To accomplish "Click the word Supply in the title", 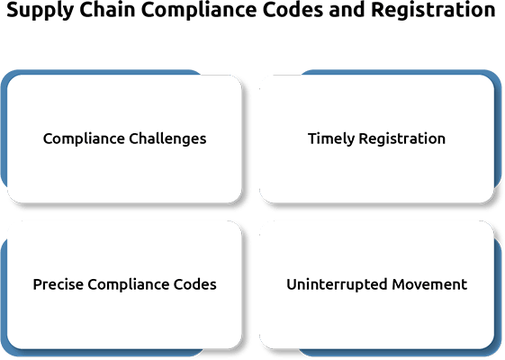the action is pos(41,11).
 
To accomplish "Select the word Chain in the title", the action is pos(107,9).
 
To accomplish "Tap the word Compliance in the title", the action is pos(199,11).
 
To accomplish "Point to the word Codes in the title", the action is pos(293,9).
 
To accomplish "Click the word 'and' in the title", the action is pos(347,9).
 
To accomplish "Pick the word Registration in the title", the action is pos(434,11).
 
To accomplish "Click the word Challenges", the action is pos(167,139).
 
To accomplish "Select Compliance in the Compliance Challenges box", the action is pos(84,139).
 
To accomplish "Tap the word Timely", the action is pos(331,139).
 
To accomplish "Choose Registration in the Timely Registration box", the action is pos(402,139).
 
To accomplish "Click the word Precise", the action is pos(58,284).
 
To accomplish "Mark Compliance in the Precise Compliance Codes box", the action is pos(129,285).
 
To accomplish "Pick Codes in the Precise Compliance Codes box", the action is pos(195,284).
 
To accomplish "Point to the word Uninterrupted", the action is pos(337,285).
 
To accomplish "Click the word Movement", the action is pos(429,284).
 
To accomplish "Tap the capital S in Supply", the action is pos(13,10).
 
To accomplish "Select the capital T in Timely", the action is pos(313,139).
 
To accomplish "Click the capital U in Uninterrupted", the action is pos(292,284).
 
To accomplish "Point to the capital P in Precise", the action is pos(38,284).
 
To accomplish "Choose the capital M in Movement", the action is pos(399,284).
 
